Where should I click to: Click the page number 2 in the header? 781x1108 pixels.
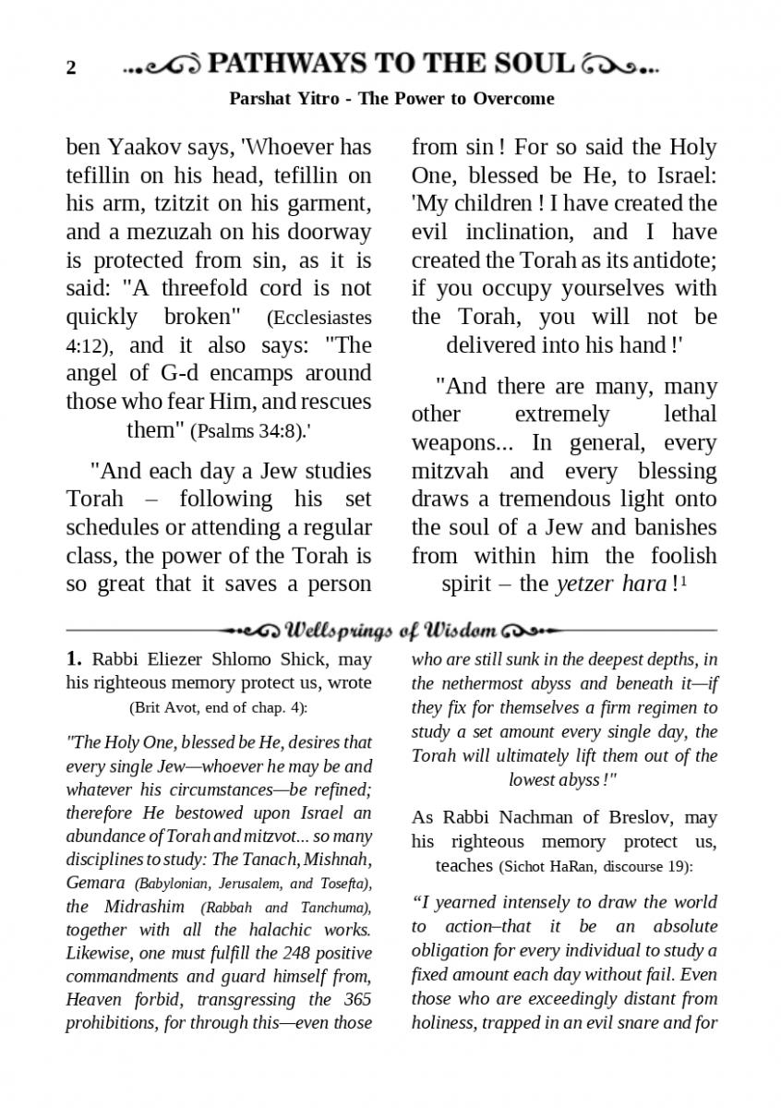[71, 68]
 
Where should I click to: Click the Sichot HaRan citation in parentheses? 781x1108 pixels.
[595, 867]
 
